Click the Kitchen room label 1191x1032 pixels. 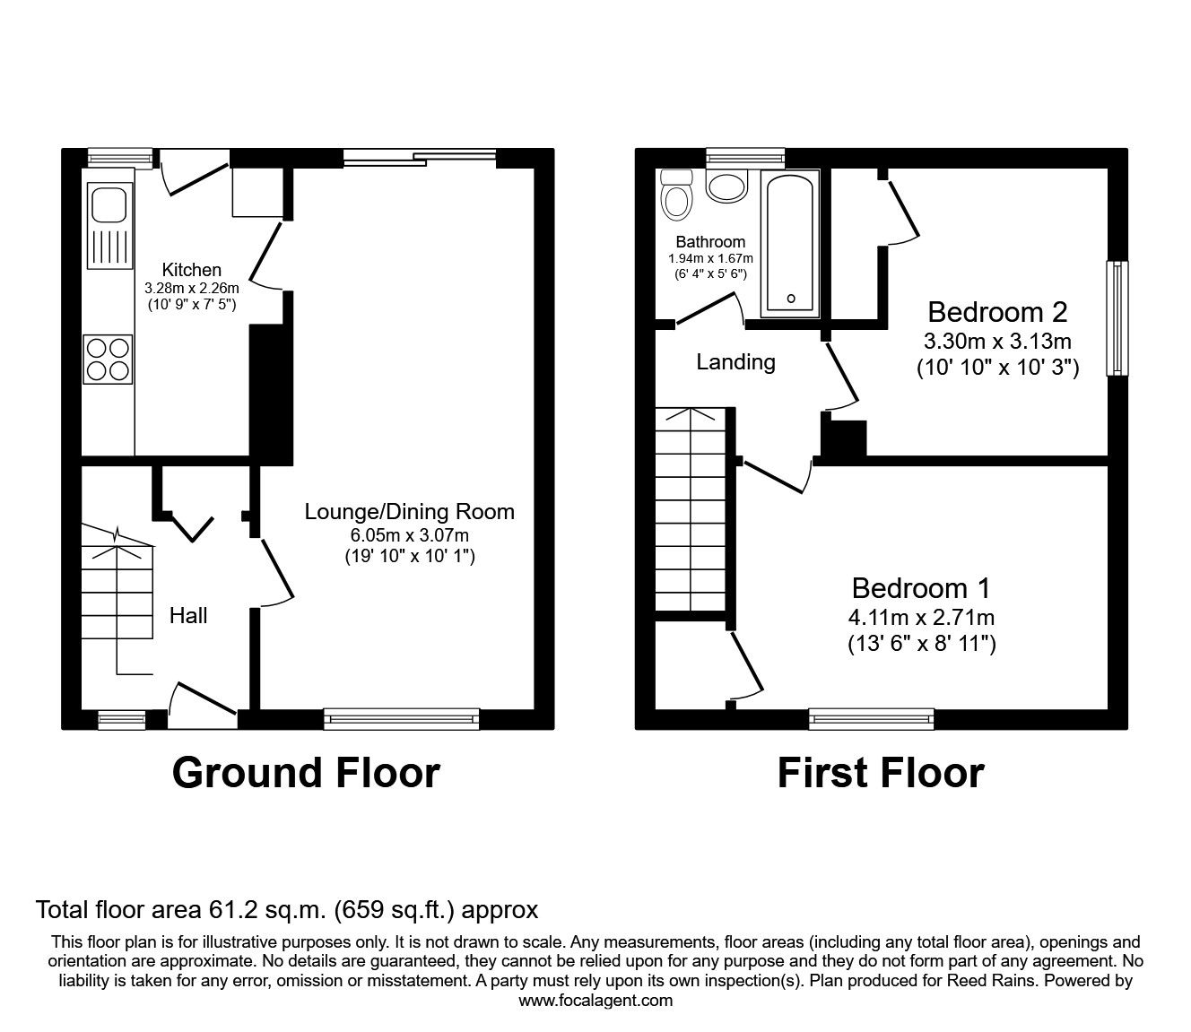pos(191,270)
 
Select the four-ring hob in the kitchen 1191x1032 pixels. pos(108,359)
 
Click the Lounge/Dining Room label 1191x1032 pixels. pos(410,512)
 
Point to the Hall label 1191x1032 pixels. pos(188,615)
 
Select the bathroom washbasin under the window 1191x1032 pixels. pos(727,186)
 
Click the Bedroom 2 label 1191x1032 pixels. pos(997,312)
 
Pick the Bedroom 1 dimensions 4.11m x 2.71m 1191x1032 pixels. pos(921,617)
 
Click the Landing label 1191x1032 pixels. pos(735,362)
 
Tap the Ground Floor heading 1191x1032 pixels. pos(306,772)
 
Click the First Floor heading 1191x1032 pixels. pos(881,772)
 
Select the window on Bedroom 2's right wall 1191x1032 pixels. pos(1117,318)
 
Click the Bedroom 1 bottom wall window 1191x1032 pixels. pos(872,718)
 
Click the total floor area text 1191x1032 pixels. pos(287,910)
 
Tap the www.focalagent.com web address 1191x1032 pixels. pos(595,1001)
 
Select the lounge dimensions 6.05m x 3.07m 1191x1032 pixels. pos(410,535)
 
